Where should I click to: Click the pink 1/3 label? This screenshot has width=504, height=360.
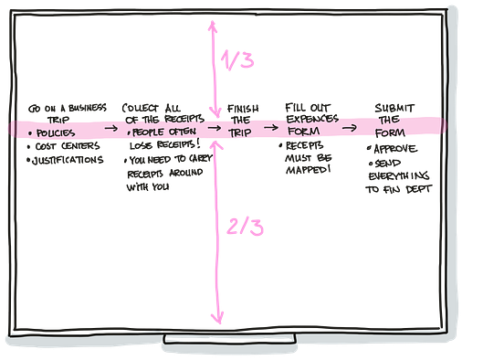coord(237,59)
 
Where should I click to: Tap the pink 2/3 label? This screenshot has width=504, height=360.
coord(245,227)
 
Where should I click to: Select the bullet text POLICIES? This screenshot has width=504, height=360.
coord(56,132)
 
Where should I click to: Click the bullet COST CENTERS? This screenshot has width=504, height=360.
coord(68,146)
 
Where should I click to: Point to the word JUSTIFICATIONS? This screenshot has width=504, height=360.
coord(68,160)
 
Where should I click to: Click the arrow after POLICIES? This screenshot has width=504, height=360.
coord(111,128)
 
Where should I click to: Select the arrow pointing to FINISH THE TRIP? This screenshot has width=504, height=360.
coord(214,128)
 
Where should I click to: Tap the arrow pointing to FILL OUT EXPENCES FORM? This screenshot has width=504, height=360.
coord(271,128)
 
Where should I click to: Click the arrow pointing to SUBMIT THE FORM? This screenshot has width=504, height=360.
coord(350,128)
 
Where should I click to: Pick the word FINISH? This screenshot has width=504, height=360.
coord(243,109)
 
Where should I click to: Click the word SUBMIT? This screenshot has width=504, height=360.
coord(394,108)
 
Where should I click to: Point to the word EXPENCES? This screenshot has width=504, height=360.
coord(312,119)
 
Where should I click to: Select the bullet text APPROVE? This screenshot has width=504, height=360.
coord(395,149)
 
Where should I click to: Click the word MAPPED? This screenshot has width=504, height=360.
coord(307,170)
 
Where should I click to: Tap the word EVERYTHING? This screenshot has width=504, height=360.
coord(399,175)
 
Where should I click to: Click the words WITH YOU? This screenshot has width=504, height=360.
coord(148,186)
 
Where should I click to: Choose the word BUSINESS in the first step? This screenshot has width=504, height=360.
coord(87,108)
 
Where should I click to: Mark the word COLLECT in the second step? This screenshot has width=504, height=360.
coord(140,108)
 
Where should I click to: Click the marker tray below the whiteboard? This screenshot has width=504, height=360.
coord(229,339)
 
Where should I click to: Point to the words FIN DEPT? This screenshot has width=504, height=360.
coord(407,189)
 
